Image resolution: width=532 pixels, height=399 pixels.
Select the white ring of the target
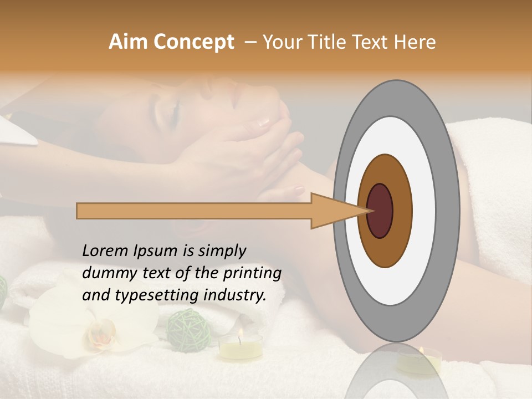click(423, 211)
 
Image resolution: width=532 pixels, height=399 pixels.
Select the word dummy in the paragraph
click(106, 273)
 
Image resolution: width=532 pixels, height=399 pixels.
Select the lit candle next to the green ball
click(240, 346)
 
